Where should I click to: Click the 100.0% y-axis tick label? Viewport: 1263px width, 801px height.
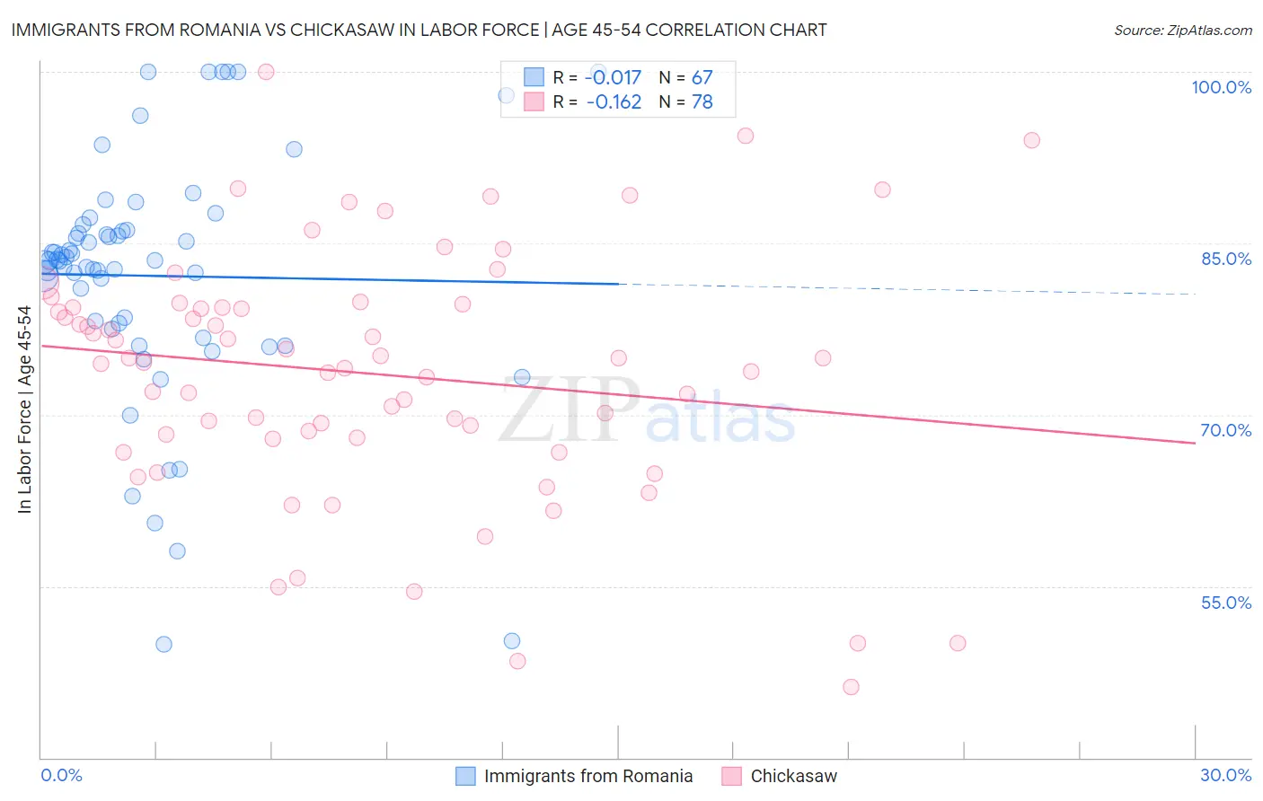pos(1221,87)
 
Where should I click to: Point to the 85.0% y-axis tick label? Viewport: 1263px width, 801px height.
pos(1225,259)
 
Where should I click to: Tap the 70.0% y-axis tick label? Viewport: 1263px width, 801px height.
pos(1225,430)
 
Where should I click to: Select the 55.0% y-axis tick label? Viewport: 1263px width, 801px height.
pos(1225,603)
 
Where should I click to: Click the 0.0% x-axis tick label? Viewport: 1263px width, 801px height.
pos(61,775)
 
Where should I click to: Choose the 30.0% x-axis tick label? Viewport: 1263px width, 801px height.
pos(1225,775)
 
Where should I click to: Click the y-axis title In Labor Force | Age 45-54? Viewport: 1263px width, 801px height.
pos(24,409)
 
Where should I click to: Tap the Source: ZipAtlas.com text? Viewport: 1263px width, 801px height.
pos(1182,31)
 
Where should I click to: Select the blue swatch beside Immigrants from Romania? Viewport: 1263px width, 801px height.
pos(465,776)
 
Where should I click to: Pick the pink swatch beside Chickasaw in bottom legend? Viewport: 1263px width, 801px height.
pos(731,776)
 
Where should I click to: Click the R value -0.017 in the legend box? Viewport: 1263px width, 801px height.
pos(613,78)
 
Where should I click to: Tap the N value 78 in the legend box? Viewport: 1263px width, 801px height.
pos(702,102)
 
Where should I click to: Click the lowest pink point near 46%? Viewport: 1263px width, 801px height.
pos(851,687)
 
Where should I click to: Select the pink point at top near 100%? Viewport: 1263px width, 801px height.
pos(266,72)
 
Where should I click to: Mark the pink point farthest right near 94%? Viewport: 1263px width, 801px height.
pos(1031,140)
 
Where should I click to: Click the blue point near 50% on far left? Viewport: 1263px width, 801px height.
pos(163,644)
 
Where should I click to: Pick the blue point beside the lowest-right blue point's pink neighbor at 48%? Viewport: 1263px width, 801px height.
pos(512,640)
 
